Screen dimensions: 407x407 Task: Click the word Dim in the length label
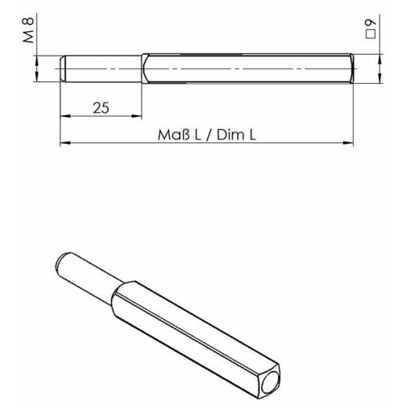click(231, 135)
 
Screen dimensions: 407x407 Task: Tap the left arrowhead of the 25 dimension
click(66, 116)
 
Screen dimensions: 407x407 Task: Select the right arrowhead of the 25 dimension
click(138, 116)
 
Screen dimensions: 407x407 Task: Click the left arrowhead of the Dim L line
click(66, 143)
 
